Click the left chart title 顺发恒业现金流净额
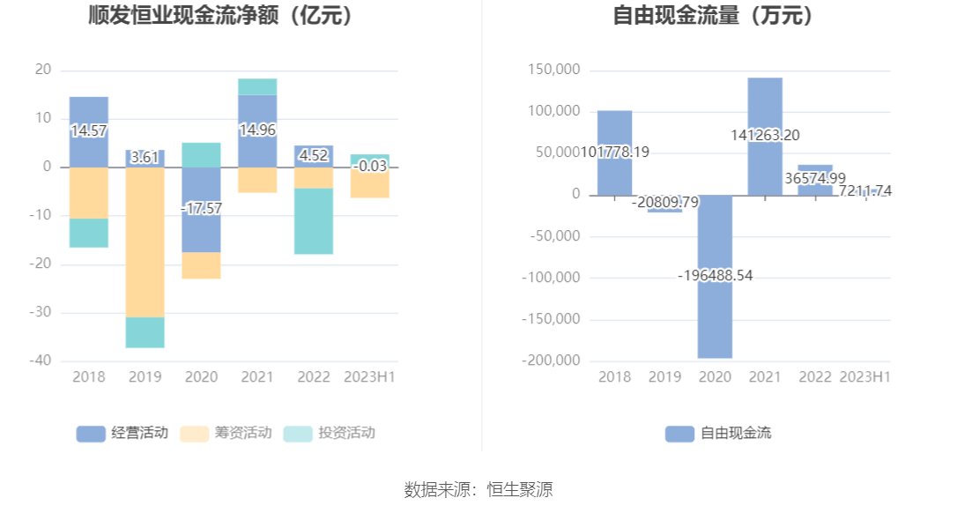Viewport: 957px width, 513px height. tap(220, 15)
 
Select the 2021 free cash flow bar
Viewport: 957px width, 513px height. tap(765, 106)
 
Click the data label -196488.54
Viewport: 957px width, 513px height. tap(715, 276)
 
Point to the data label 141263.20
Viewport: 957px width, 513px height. tap(765, 136)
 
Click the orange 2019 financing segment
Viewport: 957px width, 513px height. tap(145, 242)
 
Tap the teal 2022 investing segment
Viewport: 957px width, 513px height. tap(314, 221)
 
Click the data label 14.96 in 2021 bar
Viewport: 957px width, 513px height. tap(257, 130)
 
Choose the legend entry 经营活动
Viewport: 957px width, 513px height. tap(122, 433)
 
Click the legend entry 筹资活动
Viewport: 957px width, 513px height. tap(226, 433)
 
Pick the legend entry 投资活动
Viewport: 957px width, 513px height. tap(330, 433)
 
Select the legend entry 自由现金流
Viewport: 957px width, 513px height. tap(718, 433)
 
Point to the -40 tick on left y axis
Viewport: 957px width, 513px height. tap(43, 361)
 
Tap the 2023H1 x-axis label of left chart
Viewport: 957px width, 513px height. tap(370, 377)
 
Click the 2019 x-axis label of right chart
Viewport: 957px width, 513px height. tap(664, 377)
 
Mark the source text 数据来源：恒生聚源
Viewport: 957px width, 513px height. tap(478, 490)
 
